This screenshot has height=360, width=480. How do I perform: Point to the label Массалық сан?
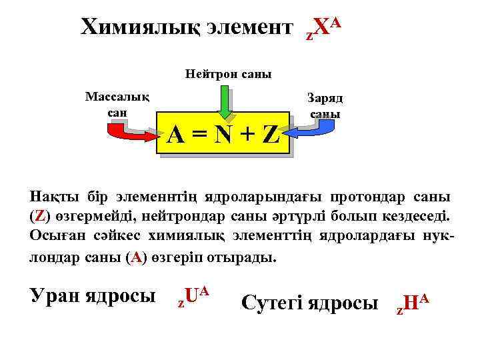(117, 104)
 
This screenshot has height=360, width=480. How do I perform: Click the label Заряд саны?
(325, 105)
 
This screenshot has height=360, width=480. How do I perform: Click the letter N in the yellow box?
(225, 137)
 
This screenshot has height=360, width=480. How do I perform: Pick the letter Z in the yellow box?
(270, 137)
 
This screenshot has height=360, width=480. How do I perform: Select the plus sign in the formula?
(247, 137)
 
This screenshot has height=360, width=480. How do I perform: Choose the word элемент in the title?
(249, 28)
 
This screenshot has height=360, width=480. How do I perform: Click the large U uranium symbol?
(191, 297)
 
